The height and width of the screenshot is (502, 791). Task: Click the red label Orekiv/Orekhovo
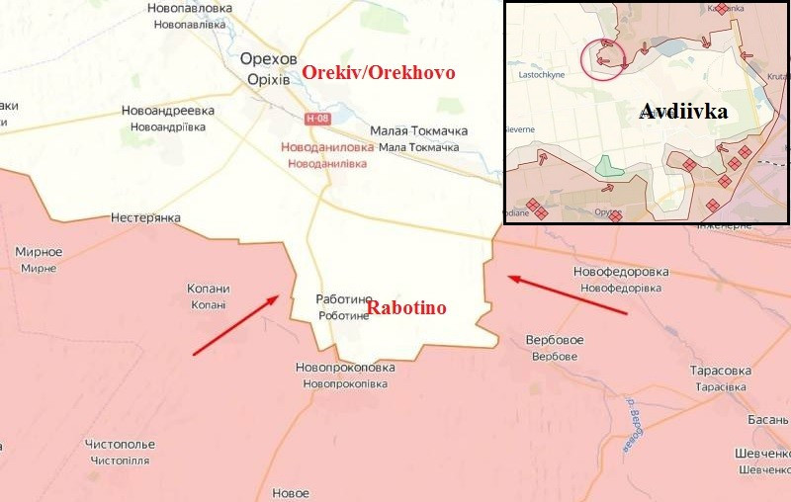[x=379, y=72]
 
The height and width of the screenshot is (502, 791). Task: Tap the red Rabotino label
[x=406, y=308]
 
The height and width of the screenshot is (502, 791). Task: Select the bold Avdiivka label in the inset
[x=683, y=111]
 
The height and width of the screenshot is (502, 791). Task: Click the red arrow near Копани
[x=235, y=324]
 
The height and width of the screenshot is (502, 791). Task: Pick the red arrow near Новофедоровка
[x=568, y=294]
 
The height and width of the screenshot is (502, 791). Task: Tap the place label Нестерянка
[x=145, y=217]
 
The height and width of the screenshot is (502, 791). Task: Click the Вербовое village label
[x=555, y=340]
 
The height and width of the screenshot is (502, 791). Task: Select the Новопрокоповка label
[x=345, y=368]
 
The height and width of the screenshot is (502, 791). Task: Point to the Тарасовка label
[x=721, y=371]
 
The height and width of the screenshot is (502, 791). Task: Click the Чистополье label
[x=120, y=445]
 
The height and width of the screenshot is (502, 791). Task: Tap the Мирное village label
[x=39, y=252]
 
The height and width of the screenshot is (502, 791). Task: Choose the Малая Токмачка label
[x=418, y=131]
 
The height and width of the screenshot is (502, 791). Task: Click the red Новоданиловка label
[x=327, y=146]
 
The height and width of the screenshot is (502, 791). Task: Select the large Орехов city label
[x=269, y=59]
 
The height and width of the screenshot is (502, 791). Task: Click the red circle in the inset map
[x=603, y=58]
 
